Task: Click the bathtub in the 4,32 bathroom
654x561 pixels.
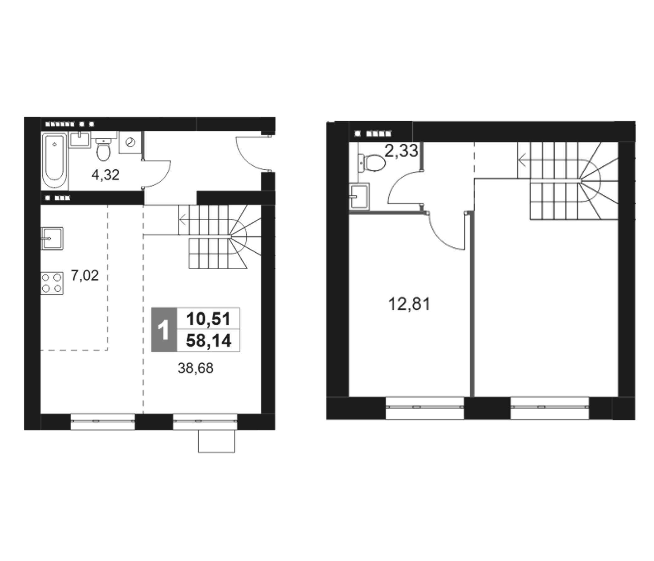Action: point(54,161)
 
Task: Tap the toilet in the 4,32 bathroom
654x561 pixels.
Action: point(103,150)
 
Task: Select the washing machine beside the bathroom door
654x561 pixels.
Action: point(130,143)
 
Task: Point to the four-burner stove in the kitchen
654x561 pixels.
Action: point(52,283)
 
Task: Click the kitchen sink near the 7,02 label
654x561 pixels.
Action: point(52,238)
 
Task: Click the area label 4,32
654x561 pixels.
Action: point(106,175)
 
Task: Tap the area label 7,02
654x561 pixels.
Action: point(85,276)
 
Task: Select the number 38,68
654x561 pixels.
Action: point(196,368)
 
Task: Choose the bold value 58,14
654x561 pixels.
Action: point(208,341)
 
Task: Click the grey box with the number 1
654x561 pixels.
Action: point(164,329)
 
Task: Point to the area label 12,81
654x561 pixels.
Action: point(409,304)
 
